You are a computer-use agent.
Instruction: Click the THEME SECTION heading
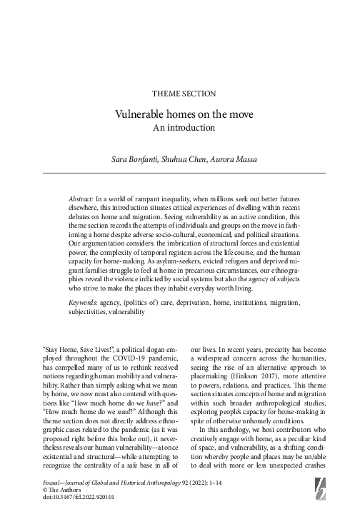click(x=179, y=94)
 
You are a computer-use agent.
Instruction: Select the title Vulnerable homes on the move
click(x=179, y=114)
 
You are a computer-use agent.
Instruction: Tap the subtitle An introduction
click(x=179, y=128)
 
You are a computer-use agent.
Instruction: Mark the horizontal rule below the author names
click(x=179, y=172)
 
